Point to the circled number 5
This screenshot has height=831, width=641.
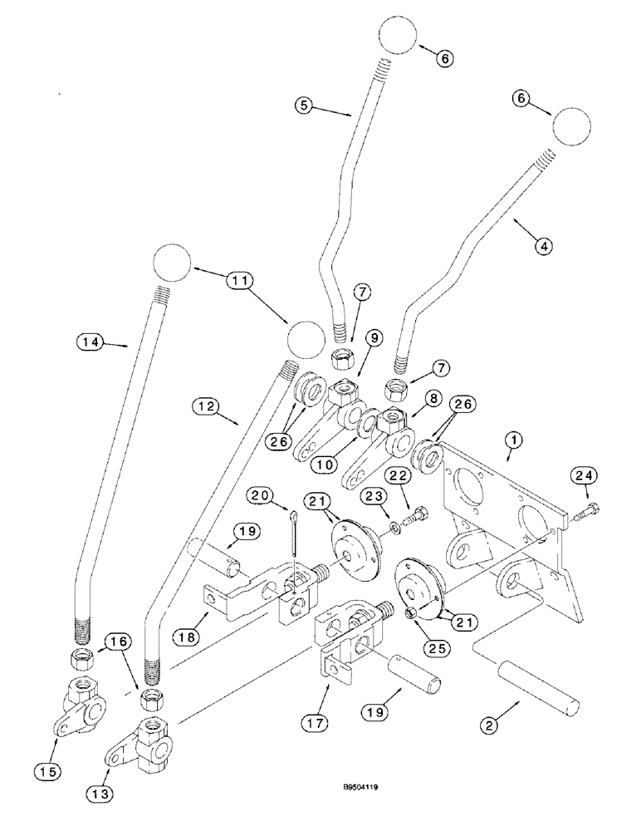305,105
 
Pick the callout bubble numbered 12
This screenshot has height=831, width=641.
206,406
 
